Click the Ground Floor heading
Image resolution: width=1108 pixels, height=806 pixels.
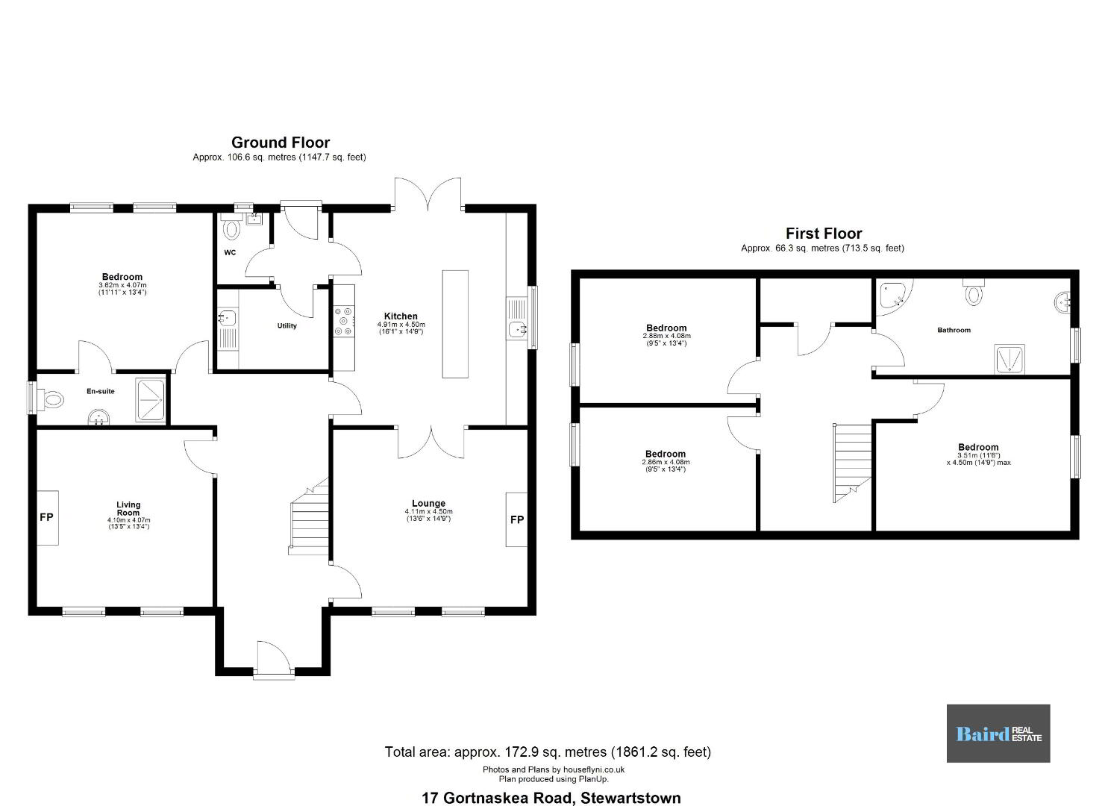pyautogui.click(x=281, y=143)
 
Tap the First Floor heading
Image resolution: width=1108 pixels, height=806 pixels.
pyautogui.click(x=824, y=233)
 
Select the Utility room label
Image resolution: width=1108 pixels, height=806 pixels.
pyautogui.click(x=287, y=325)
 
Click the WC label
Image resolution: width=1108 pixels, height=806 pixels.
pyautogui.click(x=230, y=252)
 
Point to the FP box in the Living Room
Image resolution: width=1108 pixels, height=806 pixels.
pyautogui.click(x=48, y=517)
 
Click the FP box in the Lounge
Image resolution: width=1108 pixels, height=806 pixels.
pyautogui.click(x=516, y=519)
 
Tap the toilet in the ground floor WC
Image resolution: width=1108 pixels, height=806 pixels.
pyautogui.click(x=231, y=227)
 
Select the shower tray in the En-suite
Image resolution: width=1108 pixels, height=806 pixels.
pyautogui.click(x=151, y=400)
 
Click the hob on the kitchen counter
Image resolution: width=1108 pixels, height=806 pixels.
pyautogui.click(x=344, y=321)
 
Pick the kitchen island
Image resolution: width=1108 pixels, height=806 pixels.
pyautogui.click(x=455, y=324)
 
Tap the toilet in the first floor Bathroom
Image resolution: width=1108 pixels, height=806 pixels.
pyautogui.click(x=974, y=292)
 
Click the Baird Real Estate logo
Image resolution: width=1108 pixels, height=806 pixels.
pyautogui.click(x=998, y=734)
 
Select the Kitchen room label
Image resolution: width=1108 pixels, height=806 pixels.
pyautogui.click(x=401, y=316)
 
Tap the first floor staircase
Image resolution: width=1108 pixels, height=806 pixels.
pyautogui.click(x=853, y=463)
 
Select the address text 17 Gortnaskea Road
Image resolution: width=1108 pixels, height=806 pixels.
pyautogui.click(x=498, y=798)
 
